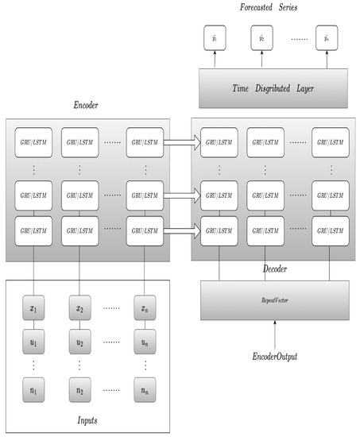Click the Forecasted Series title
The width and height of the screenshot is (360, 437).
(269, 8)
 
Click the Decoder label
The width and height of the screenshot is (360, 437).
(274, 269)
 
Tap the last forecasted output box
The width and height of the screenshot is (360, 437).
(324, 37)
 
